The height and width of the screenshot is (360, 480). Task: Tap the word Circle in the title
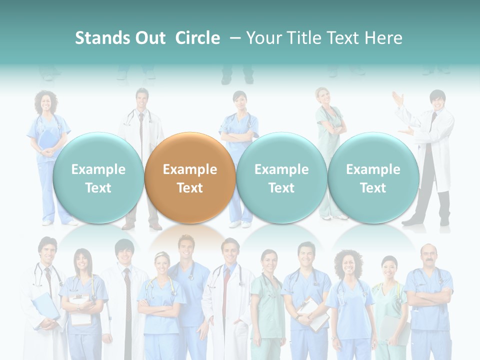[x=197, y=38]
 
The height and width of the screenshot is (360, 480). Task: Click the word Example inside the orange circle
[x=190, y=169]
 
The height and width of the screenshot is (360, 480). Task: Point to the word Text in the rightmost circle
[x=373, y=188]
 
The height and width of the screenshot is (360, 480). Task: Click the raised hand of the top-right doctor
[x=398, y=98]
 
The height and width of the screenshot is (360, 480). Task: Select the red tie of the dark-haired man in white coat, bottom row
[x=127, y=290]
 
